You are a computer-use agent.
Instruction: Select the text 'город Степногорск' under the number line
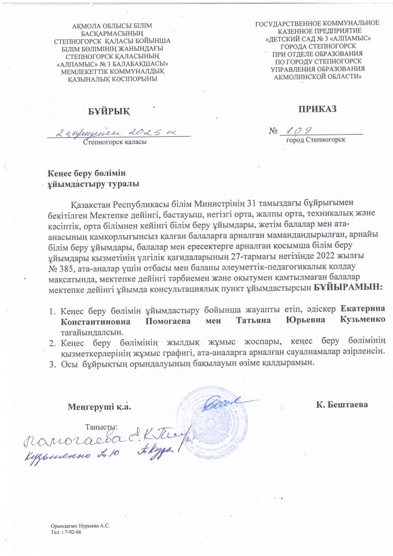coord(316,140)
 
